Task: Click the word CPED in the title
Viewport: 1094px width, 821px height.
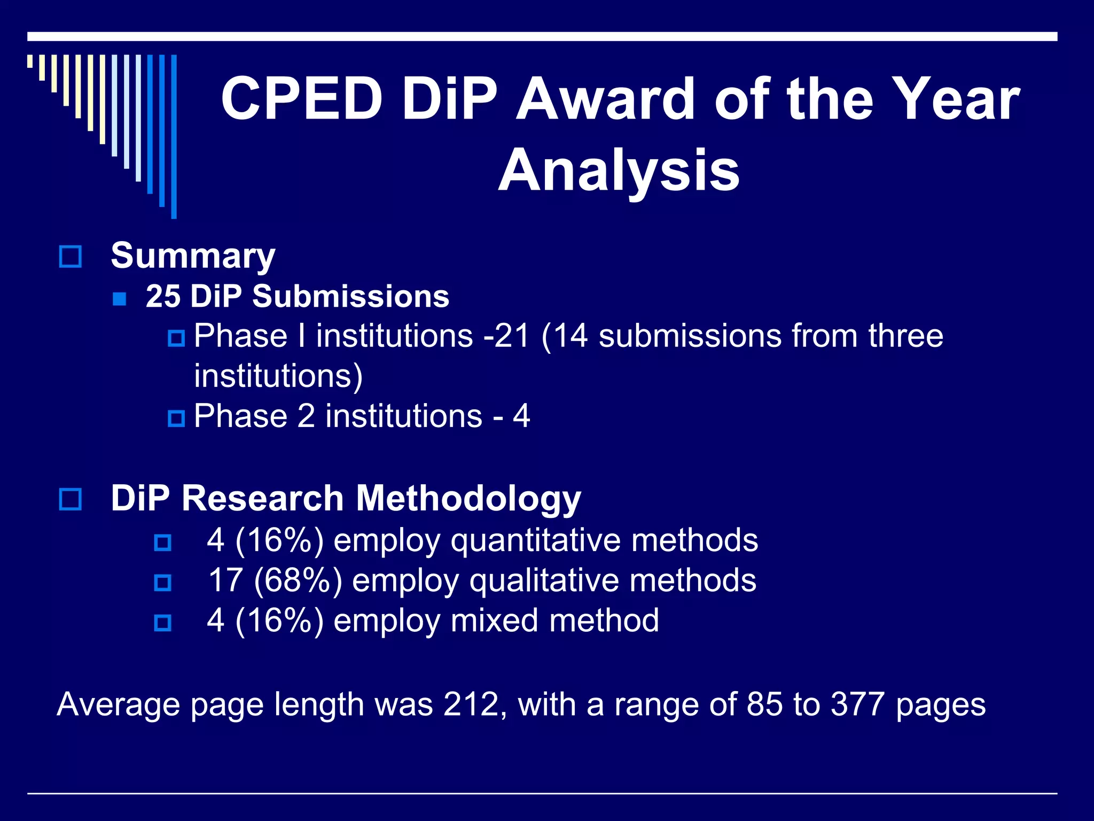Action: (301, 99)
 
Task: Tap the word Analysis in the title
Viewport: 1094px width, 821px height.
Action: (619, 171)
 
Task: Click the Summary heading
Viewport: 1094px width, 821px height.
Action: (193, 255)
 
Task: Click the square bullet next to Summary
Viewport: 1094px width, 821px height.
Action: (70, 257)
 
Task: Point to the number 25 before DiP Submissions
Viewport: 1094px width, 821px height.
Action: (163, 296)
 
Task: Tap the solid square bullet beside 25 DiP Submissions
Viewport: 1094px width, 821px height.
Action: (120, 298)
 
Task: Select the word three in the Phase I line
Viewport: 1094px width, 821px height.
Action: (905, 336)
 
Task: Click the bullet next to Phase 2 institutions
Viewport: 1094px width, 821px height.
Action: (176, 418)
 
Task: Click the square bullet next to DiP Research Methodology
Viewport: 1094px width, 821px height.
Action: (70, 499)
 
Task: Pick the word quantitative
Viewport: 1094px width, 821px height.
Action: (536, 540)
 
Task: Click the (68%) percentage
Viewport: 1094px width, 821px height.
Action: (298, 580)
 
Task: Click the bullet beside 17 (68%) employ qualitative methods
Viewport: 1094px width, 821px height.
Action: (162, 583)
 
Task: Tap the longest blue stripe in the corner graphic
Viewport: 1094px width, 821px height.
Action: (174, 136)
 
